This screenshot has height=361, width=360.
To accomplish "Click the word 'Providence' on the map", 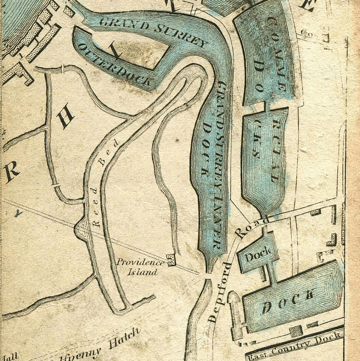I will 140,262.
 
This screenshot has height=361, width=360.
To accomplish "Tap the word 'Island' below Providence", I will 142,272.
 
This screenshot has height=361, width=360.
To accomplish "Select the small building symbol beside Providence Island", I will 171,260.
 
